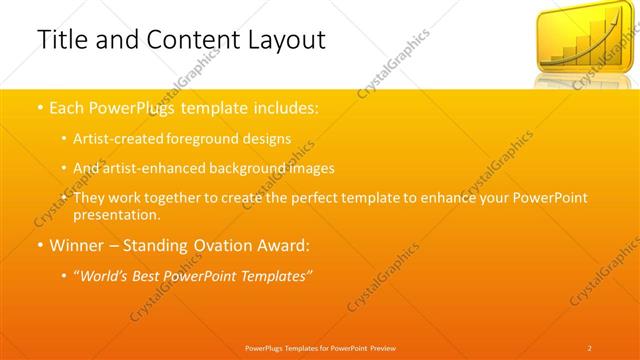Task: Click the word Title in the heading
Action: [x=61, y=40]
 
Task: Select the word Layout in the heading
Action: [x=284, y=40]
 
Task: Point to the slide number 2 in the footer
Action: [x=590, y=347]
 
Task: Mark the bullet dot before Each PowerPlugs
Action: [x=38, y=107]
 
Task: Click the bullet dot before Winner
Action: [x=38, y=244]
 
